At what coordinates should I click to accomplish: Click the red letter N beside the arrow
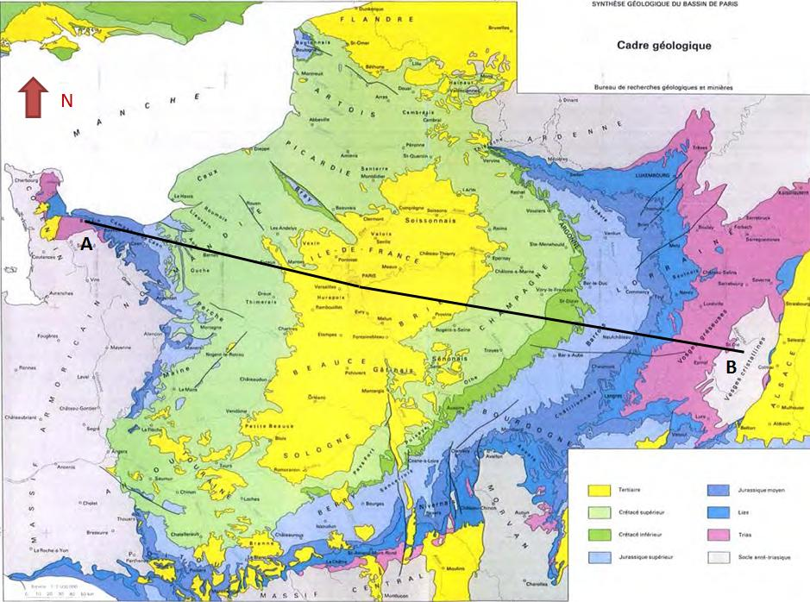click(66, 101)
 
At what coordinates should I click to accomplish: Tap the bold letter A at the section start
click(86, 244)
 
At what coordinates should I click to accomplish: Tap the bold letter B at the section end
click(730, 367)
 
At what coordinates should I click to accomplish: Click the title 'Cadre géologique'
click(662, 46)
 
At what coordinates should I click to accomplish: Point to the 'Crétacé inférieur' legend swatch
click(598, 534)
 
